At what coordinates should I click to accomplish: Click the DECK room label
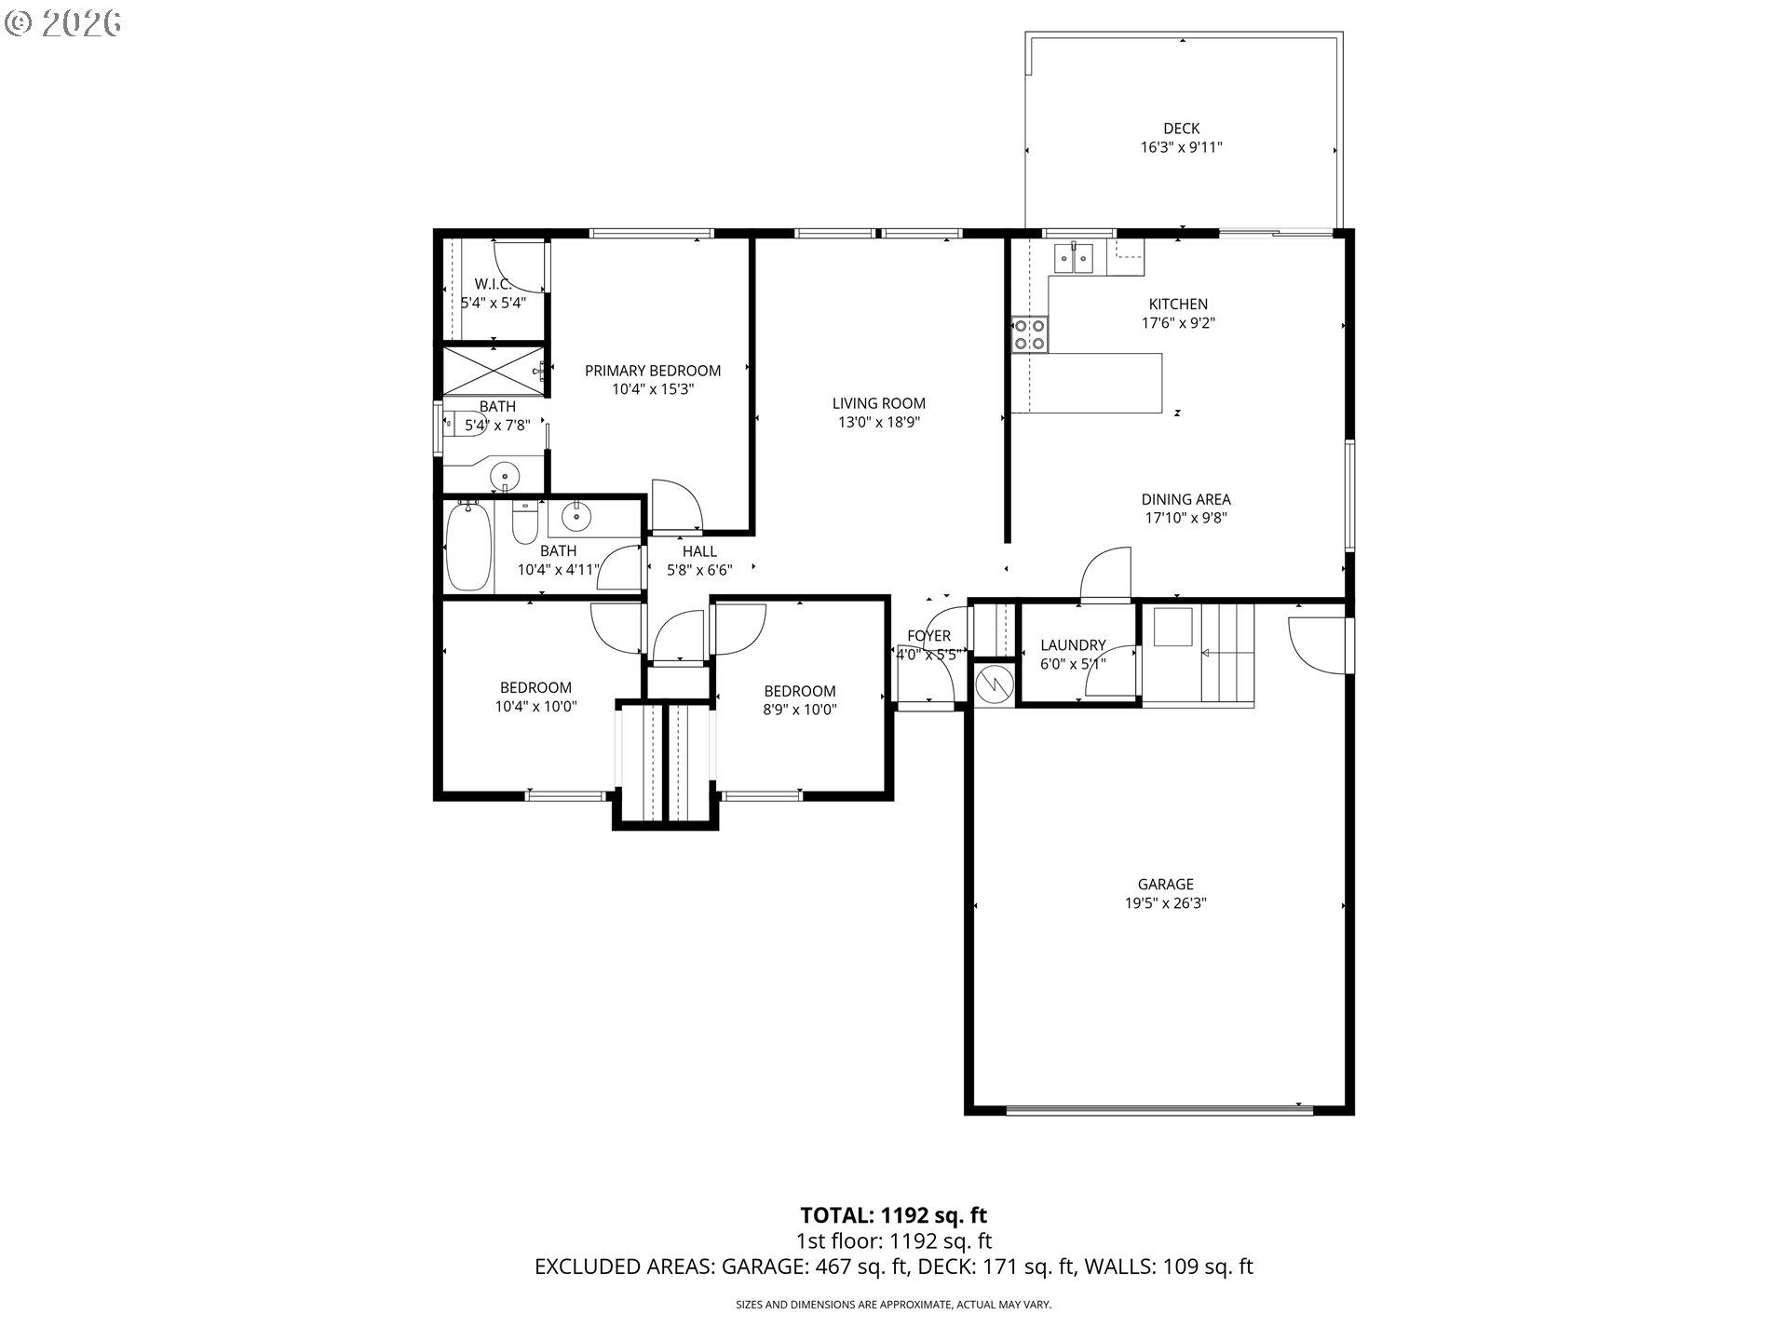coord(1181,129)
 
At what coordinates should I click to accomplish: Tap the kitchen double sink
coord(1075,258)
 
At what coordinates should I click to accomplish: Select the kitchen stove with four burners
coord(1030,334)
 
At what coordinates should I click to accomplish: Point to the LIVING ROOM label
coord(879,403)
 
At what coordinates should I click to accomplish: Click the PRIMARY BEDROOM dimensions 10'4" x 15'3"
coord(653,389)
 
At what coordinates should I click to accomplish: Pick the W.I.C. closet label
coord(494,283)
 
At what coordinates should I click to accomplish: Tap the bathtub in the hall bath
coord(468,546)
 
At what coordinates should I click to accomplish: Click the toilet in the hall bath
coord(524,522)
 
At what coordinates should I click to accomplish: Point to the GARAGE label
coord(1165,884)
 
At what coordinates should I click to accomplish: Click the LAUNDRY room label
coord(1073,644)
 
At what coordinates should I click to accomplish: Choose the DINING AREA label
coord(1185,499)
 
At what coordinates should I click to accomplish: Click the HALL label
coord(699,551)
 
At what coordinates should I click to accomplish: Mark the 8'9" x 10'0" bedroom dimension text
coord(799,710)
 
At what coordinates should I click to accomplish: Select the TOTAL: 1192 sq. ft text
coord(893,1214)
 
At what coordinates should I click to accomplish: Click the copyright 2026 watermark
coord(63,23)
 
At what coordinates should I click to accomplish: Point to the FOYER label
coord(929,636)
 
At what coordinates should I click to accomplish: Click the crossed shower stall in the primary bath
coord(493,372)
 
